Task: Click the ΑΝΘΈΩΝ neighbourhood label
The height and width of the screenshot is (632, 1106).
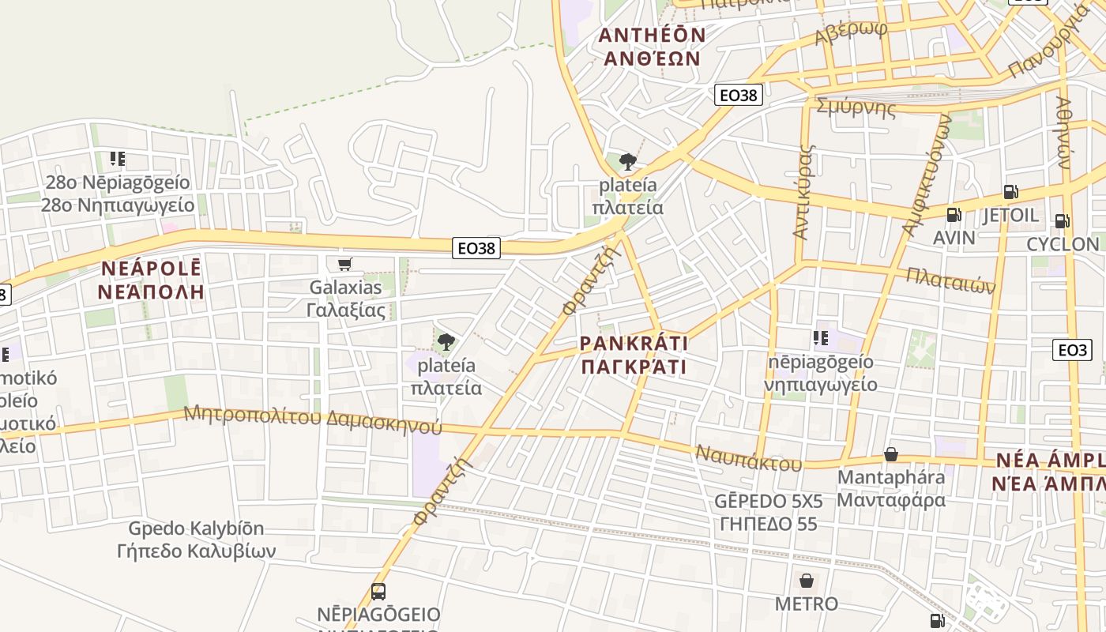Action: coord(652,47)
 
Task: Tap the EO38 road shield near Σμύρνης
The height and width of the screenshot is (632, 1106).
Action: coord(739,96)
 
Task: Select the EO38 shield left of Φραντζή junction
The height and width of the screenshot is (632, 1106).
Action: coord(477,248)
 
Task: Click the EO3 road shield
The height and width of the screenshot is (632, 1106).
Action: coord(1071,350)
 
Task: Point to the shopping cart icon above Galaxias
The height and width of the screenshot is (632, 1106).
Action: coord(344,265)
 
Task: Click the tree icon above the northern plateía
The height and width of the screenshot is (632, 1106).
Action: coord(628,162)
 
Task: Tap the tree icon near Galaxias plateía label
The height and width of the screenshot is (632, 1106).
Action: coord(446,342)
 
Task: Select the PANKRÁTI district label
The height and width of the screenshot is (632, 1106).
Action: coord(634,355)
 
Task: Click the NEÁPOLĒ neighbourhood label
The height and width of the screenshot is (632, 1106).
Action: coord(152,280)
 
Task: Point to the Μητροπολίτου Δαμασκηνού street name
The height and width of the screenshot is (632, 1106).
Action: coord(313,419)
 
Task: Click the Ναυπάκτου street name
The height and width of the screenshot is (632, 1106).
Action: coord(748,458)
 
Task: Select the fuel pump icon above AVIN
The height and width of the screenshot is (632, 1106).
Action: coord(954,214)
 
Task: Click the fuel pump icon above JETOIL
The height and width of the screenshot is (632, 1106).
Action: coord(1010,191)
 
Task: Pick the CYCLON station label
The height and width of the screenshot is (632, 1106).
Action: coord(1063,244)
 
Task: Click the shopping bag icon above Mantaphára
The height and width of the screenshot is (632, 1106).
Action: coord(891,454)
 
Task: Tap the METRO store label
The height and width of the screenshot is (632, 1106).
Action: coord(806,604)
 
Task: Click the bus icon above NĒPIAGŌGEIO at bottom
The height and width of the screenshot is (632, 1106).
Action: coord(378,592)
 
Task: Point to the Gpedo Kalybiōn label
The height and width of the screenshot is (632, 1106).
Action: coord(196,540)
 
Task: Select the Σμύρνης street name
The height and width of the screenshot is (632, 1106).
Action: coord(856,107)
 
